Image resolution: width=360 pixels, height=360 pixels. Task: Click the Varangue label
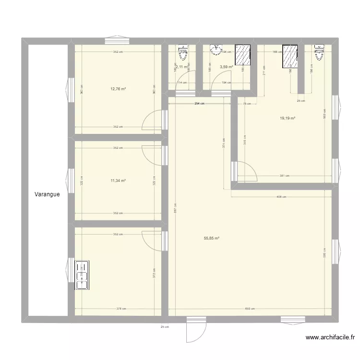[x=47, y=195]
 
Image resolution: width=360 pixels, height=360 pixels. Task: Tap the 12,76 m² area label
[x=118, y=89]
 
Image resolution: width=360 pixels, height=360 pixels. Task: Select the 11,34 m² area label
[x=118, y=180]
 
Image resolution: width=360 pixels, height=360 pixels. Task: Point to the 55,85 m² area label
[x=212, y=238]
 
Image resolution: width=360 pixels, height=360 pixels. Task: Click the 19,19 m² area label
[x=288, y=118]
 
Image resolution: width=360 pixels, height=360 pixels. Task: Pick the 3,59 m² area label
[x=226, y=67]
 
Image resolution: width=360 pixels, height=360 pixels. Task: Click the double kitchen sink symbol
[x=82, y=276]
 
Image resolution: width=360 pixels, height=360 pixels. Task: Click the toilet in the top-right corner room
[x=319, y=52]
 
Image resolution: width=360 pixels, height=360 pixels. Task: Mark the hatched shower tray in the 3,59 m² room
[x=243, y=54]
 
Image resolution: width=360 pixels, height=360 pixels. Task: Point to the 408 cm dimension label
[x=281, y=196]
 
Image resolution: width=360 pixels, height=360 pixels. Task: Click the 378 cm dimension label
[x=121, y=309]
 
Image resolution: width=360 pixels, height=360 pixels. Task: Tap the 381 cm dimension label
[x=285, y=176]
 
